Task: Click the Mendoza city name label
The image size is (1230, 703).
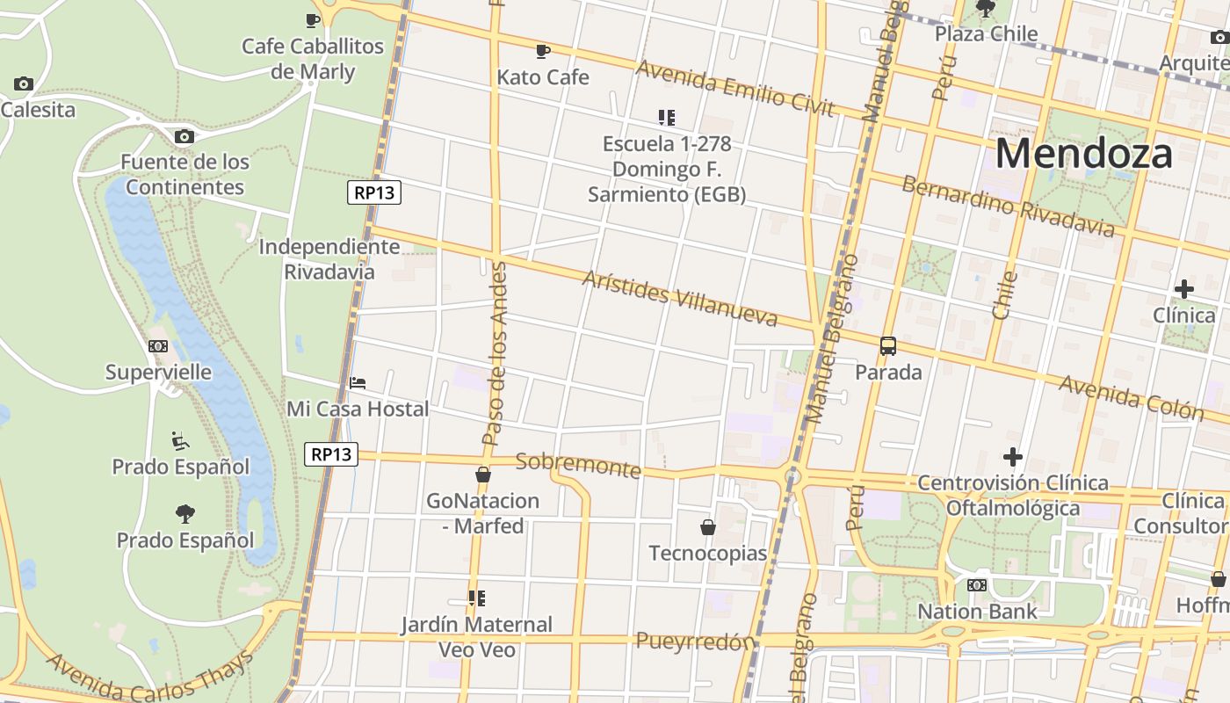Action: point(1083,154)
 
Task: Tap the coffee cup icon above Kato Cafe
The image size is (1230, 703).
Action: point(543,51)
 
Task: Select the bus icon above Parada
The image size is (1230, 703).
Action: point(888,345)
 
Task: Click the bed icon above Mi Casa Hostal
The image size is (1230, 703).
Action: point(358,383)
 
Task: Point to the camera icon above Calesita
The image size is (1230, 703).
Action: point(24,84)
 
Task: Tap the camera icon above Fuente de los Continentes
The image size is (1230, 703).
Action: point(184,136)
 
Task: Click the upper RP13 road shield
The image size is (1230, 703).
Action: point(374,193)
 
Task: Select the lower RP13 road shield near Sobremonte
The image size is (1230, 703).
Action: point(331,454)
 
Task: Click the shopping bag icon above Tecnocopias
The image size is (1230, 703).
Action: point(707,527)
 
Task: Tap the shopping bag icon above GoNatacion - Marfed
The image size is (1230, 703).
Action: point(482,475)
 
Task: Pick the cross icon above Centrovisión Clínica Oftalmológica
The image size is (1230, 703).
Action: point(1012,457)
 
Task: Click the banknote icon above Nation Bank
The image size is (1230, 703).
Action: point(977,585)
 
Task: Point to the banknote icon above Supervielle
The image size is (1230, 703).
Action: point(158,346)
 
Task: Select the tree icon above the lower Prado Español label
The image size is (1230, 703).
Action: point(184,513)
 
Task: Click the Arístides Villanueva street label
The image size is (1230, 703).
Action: point(680,299)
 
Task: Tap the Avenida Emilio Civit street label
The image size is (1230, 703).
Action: point(734,88)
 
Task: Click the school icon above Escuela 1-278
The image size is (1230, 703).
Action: point(667,117)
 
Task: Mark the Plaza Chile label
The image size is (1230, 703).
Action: point(986,34)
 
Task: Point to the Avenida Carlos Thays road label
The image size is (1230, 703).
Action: point(149,678)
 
